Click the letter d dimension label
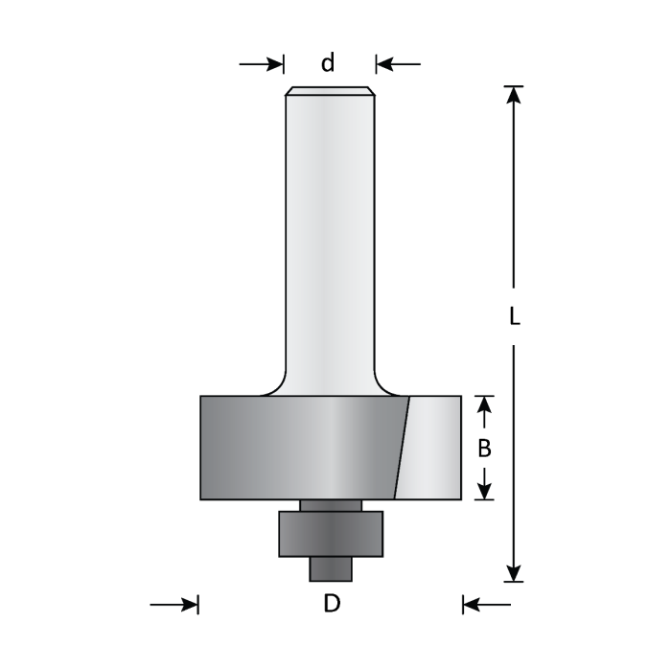click(328, 64)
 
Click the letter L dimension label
click(515, 316)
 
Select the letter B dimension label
click(485, 448)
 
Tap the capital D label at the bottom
click(331, 604)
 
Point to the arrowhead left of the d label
click(276, 64)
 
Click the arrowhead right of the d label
click(384, 64)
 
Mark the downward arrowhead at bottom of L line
click(515, 572)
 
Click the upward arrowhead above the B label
click(485, 405)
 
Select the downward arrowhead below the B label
click(485, 490)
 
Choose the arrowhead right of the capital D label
click(471, 604)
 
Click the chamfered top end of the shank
click(330, 92)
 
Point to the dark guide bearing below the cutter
click(330, 533)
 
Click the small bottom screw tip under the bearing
click(330, 568)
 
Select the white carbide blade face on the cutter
click(433, 448)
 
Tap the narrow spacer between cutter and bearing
click(330, 505)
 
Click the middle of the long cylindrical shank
click(330, 240)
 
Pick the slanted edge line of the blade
click(402, 448)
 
